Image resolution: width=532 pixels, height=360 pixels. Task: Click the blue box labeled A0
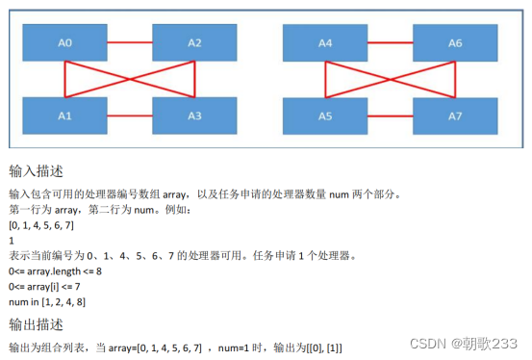click(x=65, y=42)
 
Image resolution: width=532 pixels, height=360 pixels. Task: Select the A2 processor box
click(x=194, y=42)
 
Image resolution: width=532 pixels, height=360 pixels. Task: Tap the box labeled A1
click(x=65, y=116)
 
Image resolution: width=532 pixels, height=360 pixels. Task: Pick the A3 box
click(x=194, y=116)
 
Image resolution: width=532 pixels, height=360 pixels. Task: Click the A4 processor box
click(x=325, y=42)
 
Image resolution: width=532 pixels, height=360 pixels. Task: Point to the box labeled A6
click(x=455, y=42)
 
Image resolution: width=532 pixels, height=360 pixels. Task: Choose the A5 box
click(x=325, y=116)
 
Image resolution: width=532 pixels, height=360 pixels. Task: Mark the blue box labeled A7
click(x=455, y=116)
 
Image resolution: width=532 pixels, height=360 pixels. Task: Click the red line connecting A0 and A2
click(x=130, y=42)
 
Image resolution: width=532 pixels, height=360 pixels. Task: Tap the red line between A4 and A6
click(x=390, y=42)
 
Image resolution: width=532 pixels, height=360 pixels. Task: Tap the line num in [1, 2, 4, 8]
click(x=48, y=302)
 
